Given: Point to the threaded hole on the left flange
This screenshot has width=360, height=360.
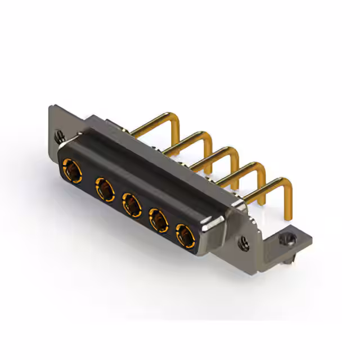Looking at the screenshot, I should pos(58,136).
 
